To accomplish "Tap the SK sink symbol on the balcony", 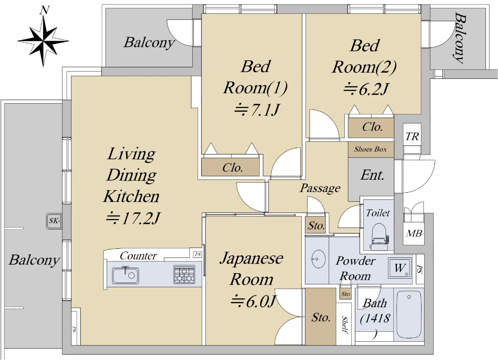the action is pyautogui.click(x=54, y=221).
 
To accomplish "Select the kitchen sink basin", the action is pyautogui.click(x=126, y=276).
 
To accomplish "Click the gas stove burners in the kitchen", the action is pyautogui.click(x=184, y=274).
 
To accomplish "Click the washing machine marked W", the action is pyautogui.click(x=400, y=268).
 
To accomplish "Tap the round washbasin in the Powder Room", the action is pyautogui.click(x=318, y=259).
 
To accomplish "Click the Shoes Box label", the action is pyautogui.click(x=370, y=149).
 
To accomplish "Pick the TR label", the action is pyautogui.click(x=412, y=137).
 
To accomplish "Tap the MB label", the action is pyautogui.click(x=414, y=233).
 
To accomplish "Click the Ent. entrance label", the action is pyautogui.click(x=372, y=175).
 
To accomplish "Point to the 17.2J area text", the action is pyautogui.click(x=133, y=218).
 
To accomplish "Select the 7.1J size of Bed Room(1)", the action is pyautogui.click(x=256, y=110).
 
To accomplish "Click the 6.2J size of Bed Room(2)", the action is pyautogui.click(x=366, y=89).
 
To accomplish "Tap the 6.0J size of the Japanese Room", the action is pyautogui.click(x=254, y=301).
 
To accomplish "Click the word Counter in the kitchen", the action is pyautogui.click(x=138, y=256).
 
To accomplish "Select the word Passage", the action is pyautogui.click(x=320, y=189).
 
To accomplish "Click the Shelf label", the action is pyautogui.click(x=344, y=325).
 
